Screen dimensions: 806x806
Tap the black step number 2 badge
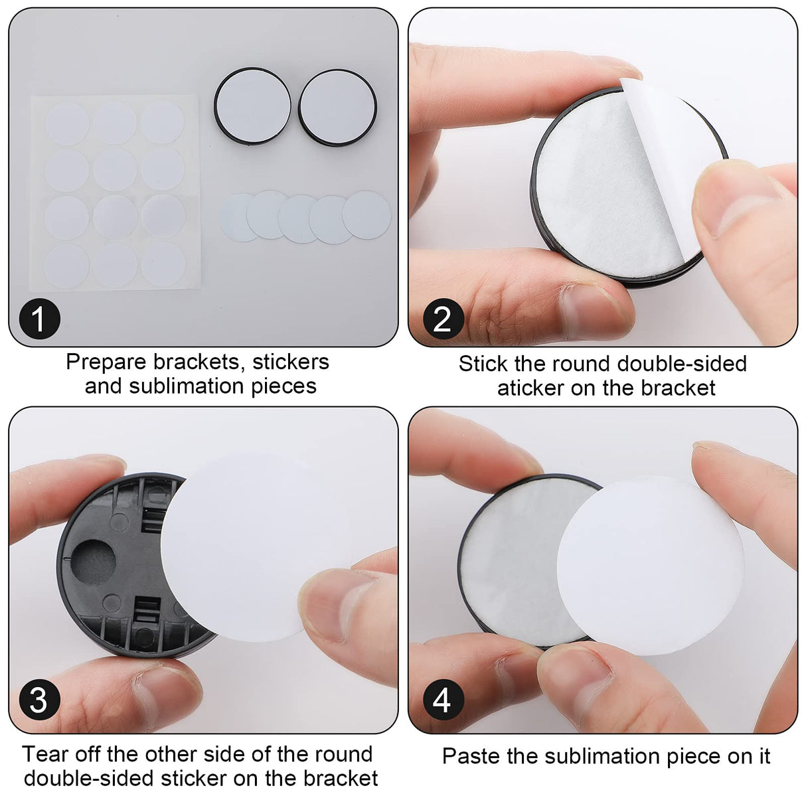pos(442,319)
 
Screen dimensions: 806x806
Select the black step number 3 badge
pos(39,700)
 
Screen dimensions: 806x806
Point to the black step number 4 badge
pos(442,700)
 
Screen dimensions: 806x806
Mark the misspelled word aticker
pos(530,388)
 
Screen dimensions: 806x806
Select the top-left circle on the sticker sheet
pos(67,124)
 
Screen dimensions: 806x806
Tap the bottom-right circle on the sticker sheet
pos(163,264)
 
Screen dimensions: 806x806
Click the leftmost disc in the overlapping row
pos(232,218)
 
